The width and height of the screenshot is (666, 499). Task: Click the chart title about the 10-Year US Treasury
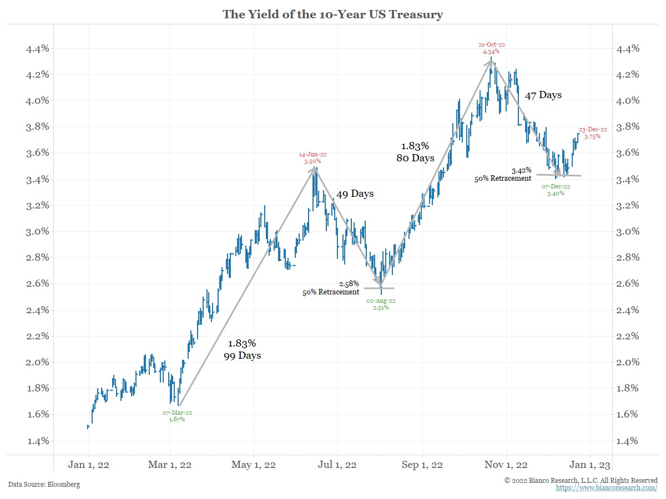333,14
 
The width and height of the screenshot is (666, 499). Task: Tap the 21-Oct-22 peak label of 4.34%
491,48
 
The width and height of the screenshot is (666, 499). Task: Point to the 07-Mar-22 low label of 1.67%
177,416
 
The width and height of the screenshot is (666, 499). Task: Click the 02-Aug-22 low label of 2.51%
381,304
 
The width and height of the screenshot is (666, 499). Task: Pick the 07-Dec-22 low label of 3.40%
556,190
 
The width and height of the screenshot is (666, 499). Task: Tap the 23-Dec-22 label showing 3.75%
593,133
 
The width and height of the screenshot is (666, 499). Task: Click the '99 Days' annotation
242,355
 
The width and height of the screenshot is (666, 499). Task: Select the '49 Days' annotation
355,194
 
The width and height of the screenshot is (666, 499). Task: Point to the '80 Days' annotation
415,158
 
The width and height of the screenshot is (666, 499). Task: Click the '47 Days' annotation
543,95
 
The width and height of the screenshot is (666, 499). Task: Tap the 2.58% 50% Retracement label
331,288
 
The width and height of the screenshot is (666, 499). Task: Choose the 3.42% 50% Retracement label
503,175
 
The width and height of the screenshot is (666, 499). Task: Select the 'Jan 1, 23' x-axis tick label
590,465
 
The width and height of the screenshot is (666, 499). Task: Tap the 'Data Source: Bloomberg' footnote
44,485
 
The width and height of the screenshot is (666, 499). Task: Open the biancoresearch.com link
607,488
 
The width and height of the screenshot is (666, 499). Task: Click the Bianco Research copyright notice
581,480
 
